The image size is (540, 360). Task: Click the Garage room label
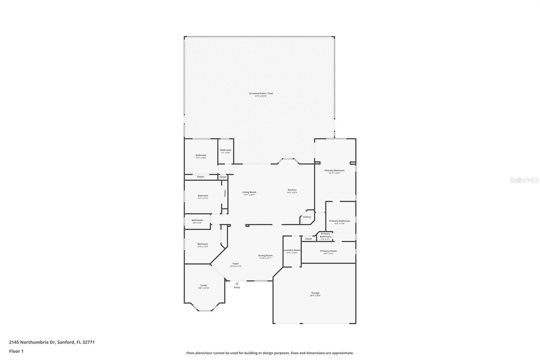click(x=315, y=293)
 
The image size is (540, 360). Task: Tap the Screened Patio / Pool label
click(x=261, y=94)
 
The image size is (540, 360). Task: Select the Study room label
click(x=204, y=285)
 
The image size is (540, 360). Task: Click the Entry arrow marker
click(x=237, y=283)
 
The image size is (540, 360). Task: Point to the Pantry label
click(x=307, y=217)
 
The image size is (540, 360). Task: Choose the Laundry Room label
click(x=292, y=250)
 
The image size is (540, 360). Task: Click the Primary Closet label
click(x=328, y=251)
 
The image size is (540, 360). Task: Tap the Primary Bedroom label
click(x=334, y=171)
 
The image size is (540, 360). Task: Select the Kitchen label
click(x=292, y=190)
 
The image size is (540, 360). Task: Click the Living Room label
click(x=249, y=192)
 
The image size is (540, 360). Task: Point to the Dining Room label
click(x=265, y=256)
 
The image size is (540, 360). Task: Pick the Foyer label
click(x=236, y=264)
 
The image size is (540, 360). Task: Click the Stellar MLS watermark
click(x=524, y=180)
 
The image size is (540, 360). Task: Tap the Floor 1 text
click(x=16, y=351)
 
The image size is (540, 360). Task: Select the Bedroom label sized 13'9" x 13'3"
click(x=202, y=244)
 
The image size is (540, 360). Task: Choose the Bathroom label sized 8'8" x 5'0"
click(x=197, y=220)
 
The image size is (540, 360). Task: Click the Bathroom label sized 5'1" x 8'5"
click(x=226, y=150)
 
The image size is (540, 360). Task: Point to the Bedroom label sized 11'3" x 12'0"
click(x=201, y=155)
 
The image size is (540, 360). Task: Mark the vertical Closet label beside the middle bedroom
click(x=225, y=193)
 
